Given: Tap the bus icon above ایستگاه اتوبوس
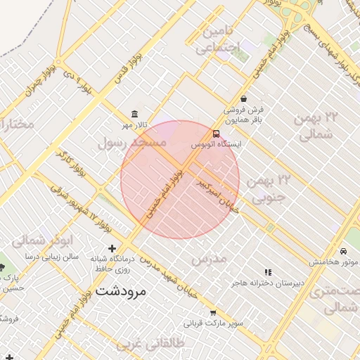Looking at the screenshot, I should point(216,134).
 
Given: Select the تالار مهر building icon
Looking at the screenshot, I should point(134,115).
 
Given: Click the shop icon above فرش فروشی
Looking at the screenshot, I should point(243,99).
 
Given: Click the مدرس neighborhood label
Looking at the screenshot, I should point(210,259).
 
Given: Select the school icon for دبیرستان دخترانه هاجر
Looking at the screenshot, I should point(267,271).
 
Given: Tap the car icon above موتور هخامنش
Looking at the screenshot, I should point(342,251).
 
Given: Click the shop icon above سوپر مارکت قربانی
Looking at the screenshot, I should point(213,313).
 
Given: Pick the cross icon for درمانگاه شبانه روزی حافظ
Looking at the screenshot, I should point(112,248).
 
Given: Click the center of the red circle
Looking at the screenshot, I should point(180,180).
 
